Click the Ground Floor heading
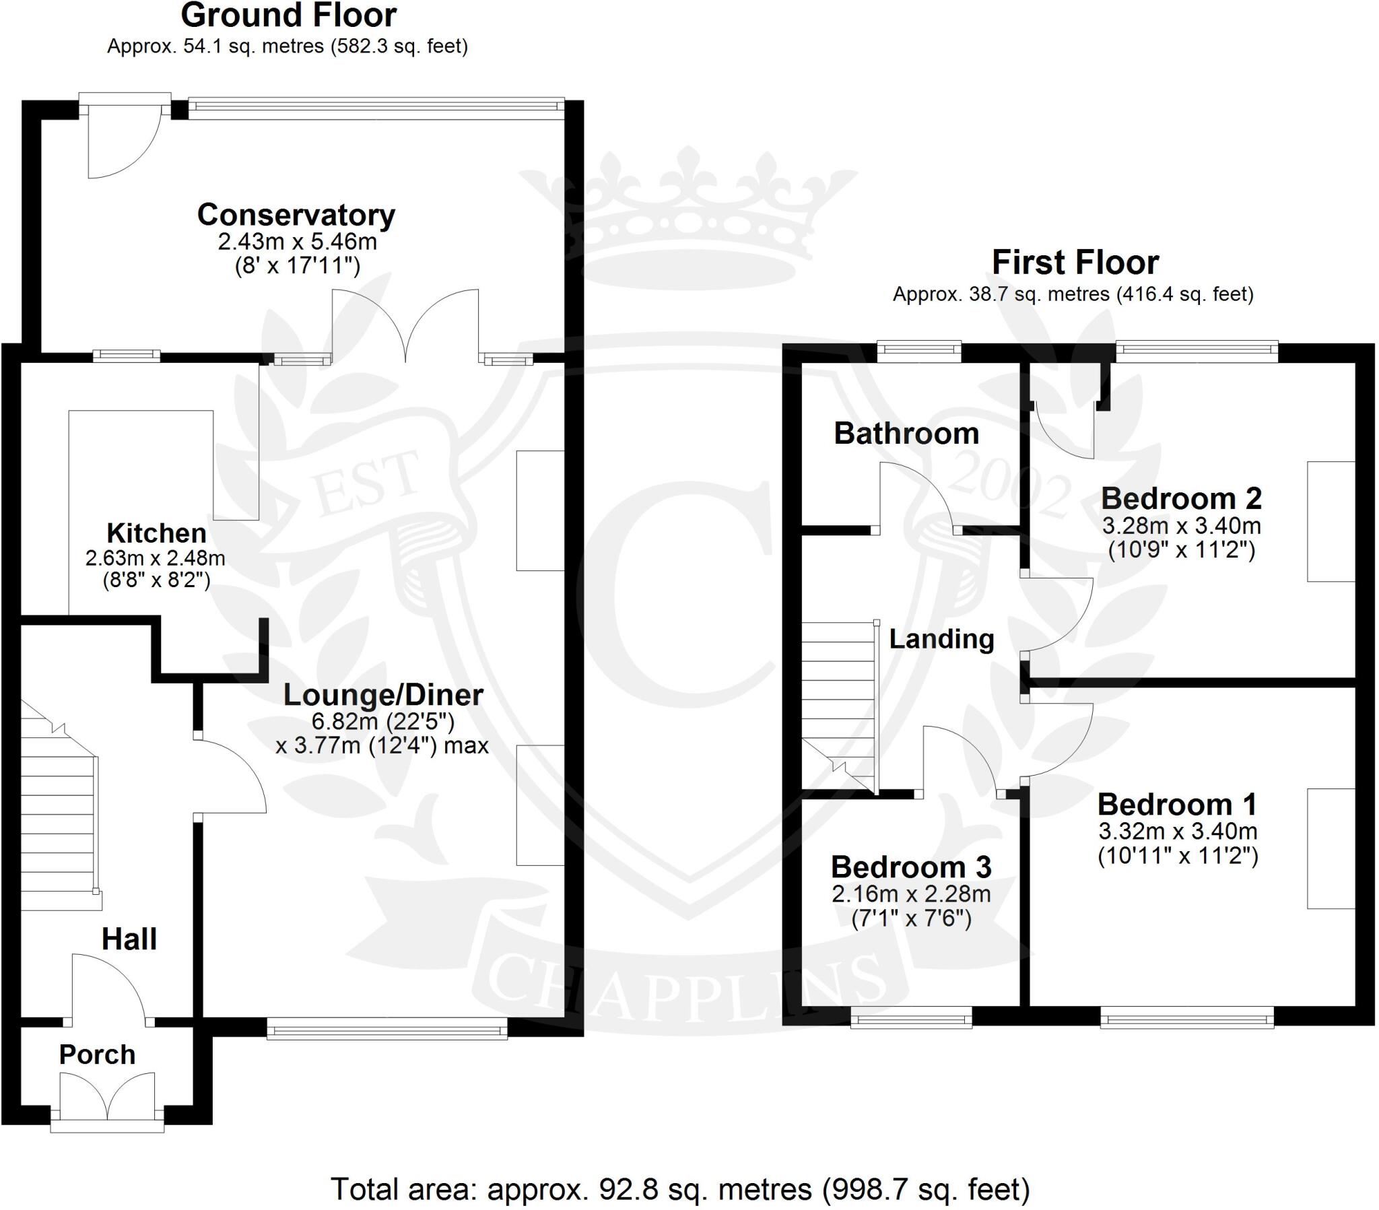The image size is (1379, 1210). [289, 16]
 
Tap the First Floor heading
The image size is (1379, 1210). [1075, 263]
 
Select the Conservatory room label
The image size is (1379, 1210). [296, 215]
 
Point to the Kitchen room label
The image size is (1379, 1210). [156, 533]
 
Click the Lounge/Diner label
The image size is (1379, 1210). [382, 694]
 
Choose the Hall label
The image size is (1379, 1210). [129, 939]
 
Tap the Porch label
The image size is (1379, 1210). [97, 1054]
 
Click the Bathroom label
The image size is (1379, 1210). [906, 433]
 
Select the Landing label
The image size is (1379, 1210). [941, 639]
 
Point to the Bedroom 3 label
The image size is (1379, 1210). [911, 867]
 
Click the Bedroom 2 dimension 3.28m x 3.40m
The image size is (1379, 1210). [1181, 526]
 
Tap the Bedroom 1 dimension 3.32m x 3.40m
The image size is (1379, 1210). [1178, 831]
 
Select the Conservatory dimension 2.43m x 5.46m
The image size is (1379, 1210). [297, 242]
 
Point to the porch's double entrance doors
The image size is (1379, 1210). [107, 1098]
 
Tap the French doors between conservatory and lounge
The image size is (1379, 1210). [405, 324]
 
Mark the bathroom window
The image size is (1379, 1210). [919, 349]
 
